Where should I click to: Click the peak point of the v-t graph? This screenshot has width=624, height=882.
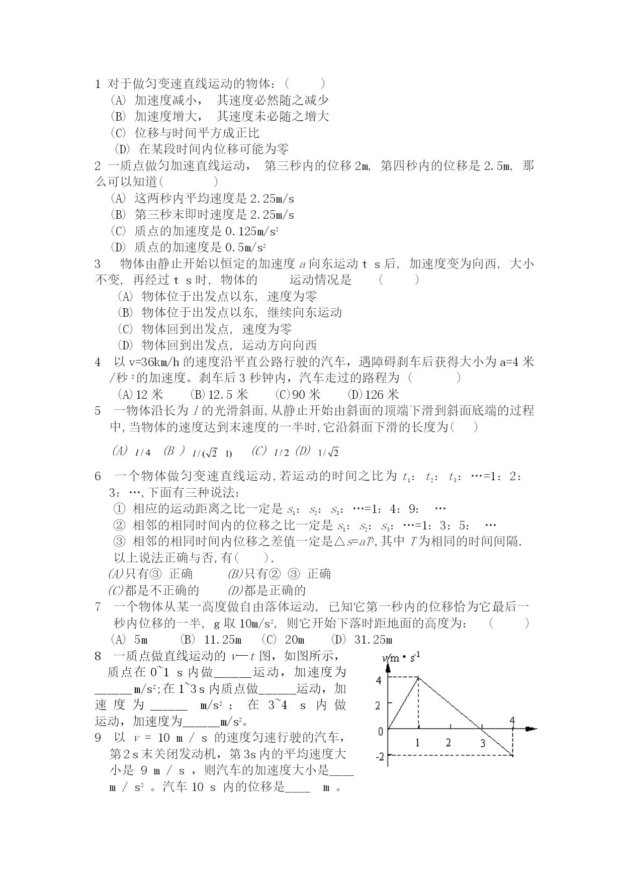click(418, 677)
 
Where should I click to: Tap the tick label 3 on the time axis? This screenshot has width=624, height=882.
click(483, 743)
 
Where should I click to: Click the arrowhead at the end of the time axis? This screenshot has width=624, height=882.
click(531, 728)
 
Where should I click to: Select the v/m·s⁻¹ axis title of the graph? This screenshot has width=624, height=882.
click(401, 658)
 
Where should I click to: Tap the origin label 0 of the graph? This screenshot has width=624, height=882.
click(381, 731)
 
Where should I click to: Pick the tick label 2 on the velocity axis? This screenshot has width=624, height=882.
click(378, 705)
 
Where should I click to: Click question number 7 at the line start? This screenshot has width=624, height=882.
click(98, 607)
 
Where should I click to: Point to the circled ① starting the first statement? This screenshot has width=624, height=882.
click(119, 509)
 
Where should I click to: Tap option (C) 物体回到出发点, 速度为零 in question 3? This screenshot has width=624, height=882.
click(204, 329)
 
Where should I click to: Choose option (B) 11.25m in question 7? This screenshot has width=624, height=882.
click(211, 640)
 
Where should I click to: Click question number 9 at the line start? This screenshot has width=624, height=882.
click(98, 738)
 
